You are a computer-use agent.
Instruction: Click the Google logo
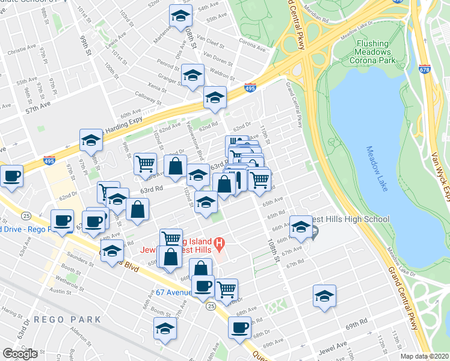[x=20, y=353]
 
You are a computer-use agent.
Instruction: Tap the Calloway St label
[x=145, y=97]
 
